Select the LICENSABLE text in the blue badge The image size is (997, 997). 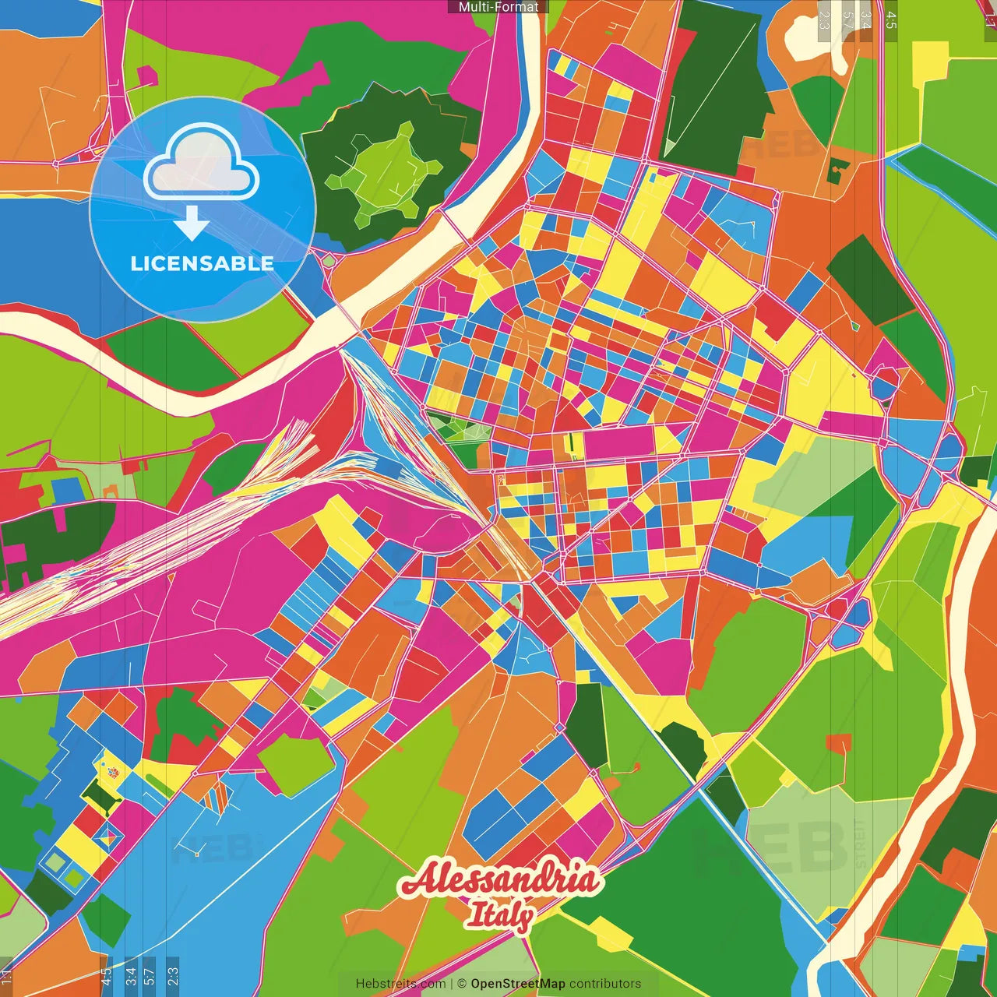point(202,263)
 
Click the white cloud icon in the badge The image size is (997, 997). point(202,162)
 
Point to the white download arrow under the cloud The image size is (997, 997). point(192,223)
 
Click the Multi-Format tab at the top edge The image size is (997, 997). point(498,7)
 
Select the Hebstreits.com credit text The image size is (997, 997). point(400,984)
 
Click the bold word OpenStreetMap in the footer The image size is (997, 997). point(517,984)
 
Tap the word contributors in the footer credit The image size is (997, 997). point(605,984)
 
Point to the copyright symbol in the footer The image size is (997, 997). point(461,984)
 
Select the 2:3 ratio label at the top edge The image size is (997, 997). point(824,19)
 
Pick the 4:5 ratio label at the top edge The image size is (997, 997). point(891,19)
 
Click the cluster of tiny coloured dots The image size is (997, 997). point(114,773)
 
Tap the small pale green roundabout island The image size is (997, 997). point(329,261)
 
